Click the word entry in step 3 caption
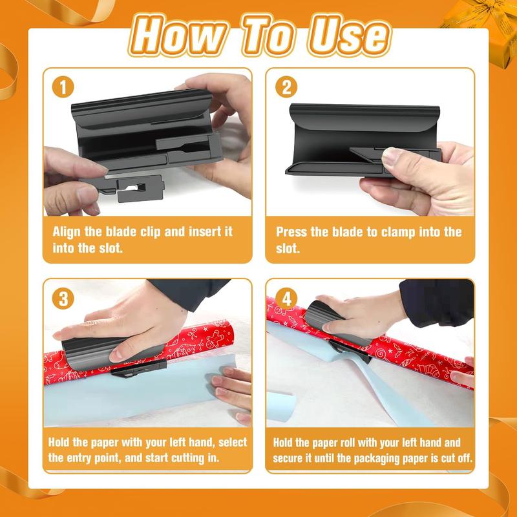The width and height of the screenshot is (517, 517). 91,458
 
